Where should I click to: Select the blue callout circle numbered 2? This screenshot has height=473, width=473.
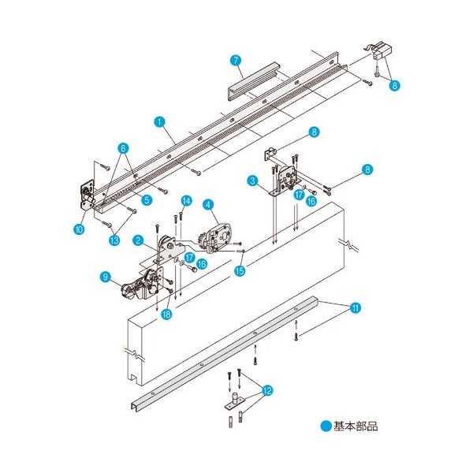click(137, 240)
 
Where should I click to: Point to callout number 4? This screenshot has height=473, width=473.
click(207, 204)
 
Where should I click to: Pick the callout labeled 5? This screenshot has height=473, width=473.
click(146, 199)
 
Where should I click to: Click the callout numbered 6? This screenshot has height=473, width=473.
click(124, 147)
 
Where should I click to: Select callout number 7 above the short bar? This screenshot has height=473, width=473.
click(235, 60)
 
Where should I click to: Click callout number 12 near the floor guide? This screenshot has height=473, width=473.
click(268, 389)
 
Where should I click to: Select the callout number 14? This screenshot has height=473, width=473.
click(186, 200)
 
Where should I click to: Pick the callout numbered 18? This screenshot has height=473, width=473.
click(166, 315)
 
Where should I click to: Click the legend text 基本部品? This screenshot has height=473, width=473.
click(356, 426)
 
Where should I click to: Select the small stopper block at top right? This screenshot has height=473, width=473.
click(382, 54)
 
